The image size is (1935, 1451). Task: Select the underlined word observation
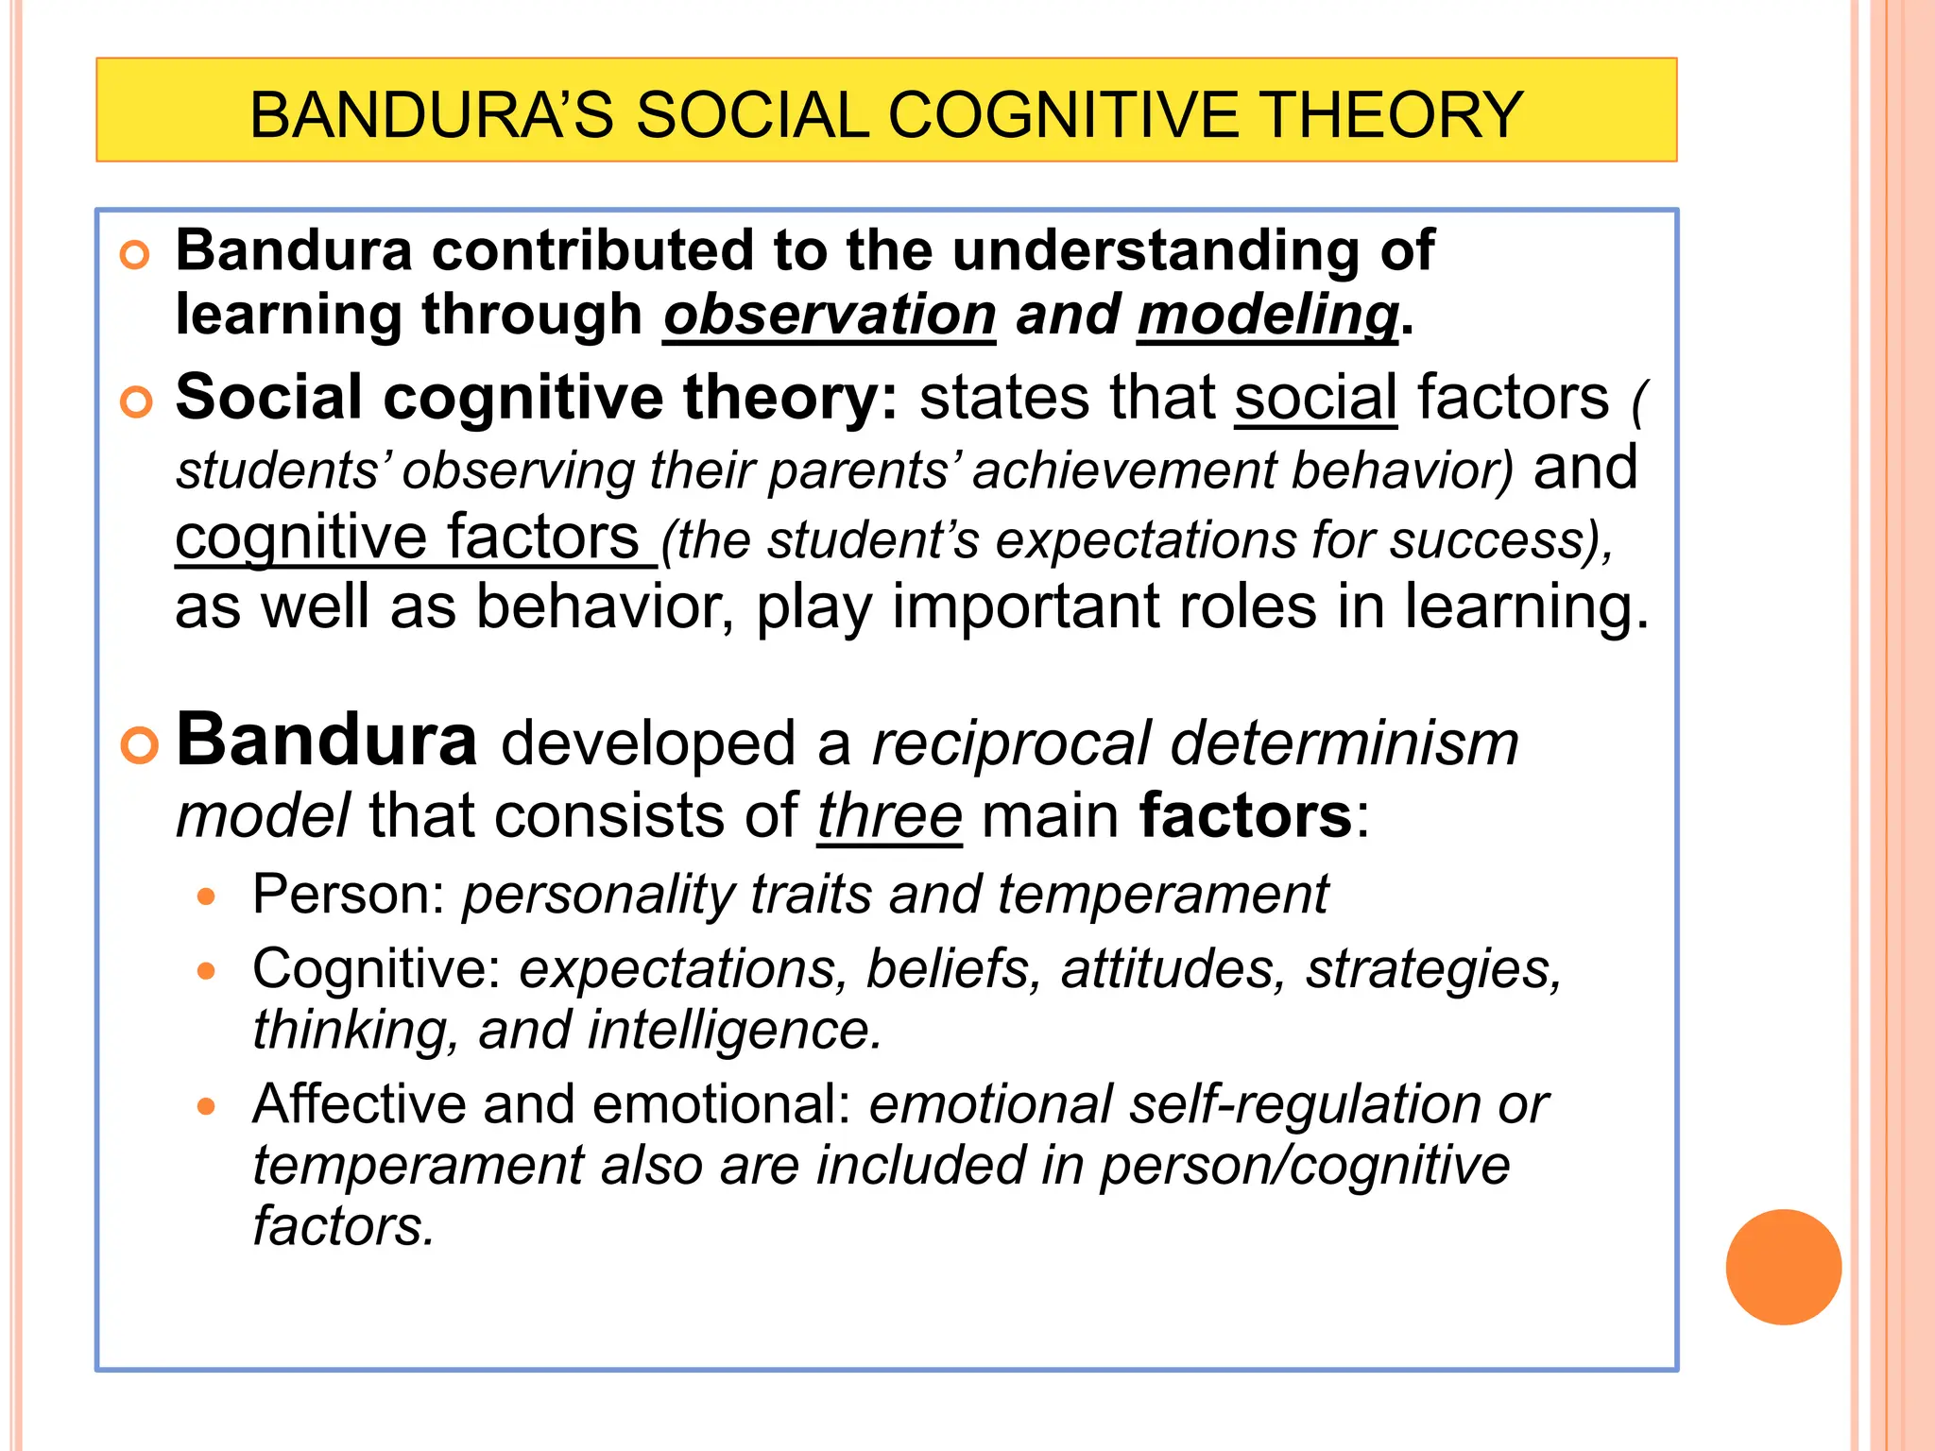[x=830, y=315]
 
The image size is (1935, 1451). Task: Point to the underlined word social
[x=1315, y=398]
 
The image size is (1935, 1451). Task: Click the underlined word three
[x=889, y=816]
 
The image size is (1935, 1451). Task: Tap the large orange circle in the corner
[x=1783, y=1267]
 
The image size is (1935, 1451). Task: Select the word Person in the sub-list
[x=339, y=895]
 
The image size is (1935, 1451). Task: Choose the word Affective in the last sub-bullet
[x=359, y=1104]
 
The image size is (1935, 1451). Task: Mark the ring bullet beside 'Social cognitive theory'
[x=136, y=401]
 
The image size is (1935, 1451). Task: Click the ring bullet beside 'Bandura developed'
[x=139, y=746]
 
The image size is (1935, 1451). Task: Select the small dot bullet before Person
[x=207, y=896]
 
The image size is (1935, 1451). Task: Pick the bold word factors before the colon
[x=1245, y=816]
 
